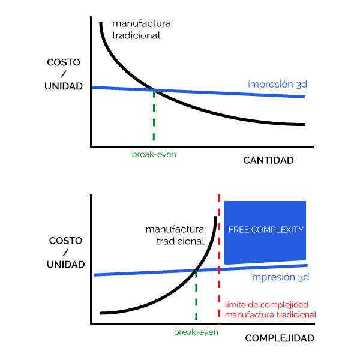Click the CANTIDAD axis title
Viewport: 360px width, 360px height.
[x=268, y=160]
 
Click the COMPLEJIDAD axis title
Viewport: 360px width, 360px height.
[x=280, y=338]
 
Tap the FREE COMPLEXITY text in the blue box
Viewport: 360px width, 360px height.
[x=266, y=230]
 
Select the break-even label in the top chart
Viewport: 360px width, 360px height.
[x=154, y=154]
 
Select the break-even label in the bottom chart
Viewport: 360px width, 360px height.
[x=196, y=332]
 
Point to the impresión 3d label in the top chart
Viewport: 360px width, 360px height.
[x=277, y=84]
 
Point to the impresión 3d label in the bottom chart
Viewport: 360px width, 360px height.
[x=280, y=277]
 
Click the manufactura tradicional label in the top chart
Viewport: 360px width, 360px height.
[x=142, y=29]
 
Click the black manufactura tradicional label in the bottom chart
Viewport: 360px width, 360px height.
[x=175, y=235]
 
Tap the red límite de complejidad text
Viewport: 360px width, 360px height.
[x=266, y=305]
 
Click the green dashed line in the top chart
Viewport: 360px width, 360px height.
[x=154, y=115]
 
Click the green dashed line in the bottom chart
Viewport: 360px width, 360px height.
[x=196, y=295]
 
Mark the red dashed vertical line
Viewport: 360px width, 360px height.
[x=219, y=260]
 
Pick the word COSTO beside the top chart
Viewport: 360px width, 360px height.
[x=64, y=62]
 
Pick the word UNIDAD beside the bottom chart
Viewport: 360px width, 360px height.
[x=65, y=265]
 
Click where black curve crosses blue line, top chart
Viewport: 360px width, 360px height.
[x=154, y=90]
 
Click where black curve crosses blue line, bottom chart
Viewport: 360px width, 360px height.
[x=196, y=271]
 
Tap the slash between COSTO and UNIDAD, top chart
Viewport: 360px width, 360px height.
[x=64, y=74]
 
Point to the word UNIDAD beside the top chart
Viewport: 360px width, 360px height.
[x=64, y=86]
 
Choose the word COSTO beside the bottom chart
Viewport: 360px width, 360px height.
[x=65, y=241]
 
